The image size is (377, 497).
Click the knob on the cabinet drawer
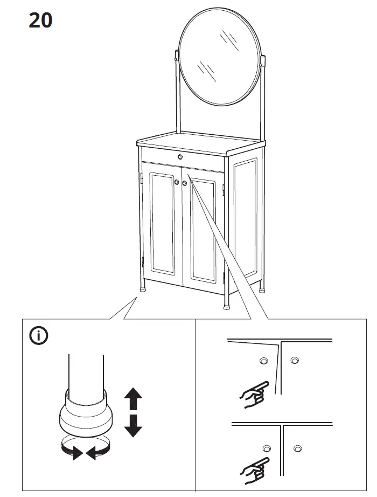[x=180, y=157]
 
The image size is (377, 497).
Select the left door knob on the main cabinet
[x=176, y=183]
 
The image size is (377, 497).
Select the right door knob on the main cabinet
[x=185, y=184]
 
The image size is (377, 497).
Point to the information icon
[x=39, y=336]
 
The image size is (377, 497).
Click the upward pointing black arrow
[x=133, y=399]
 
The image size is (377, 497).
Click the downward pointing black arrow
[x=133, y=425]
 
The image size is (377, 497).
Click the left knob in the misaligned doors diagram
[x=263, y=361]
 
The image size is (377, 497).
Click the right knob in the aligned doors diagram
[x=297, y=448]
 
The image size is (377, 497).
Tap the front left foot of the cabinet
[x=144, y=289]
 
